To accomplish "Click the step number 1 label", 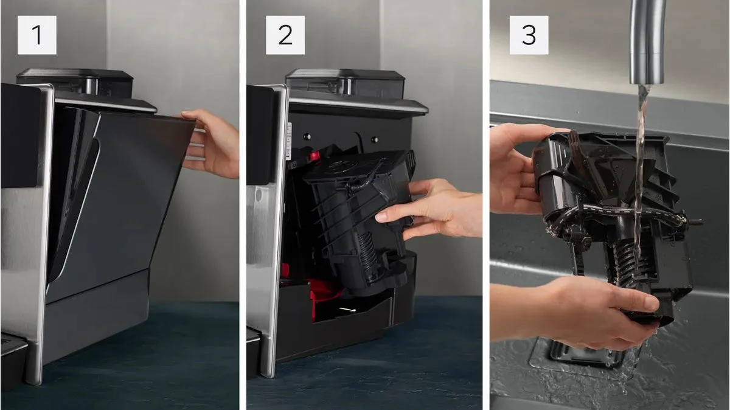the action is click(x=37, y=35).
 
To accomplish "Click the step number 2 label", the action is click(x=285, y=35).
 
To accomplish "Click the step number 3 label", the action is click(x=529, y=35).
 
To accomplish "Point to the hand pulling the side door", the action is click(x=212, y=144).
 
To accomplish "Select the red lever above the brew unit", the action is click(x=315, y=156).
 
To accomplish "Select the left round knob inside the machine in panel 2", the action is click(x=307, y=136).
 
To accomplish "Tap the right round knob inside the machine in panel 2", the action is click(x=375, y=139).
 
